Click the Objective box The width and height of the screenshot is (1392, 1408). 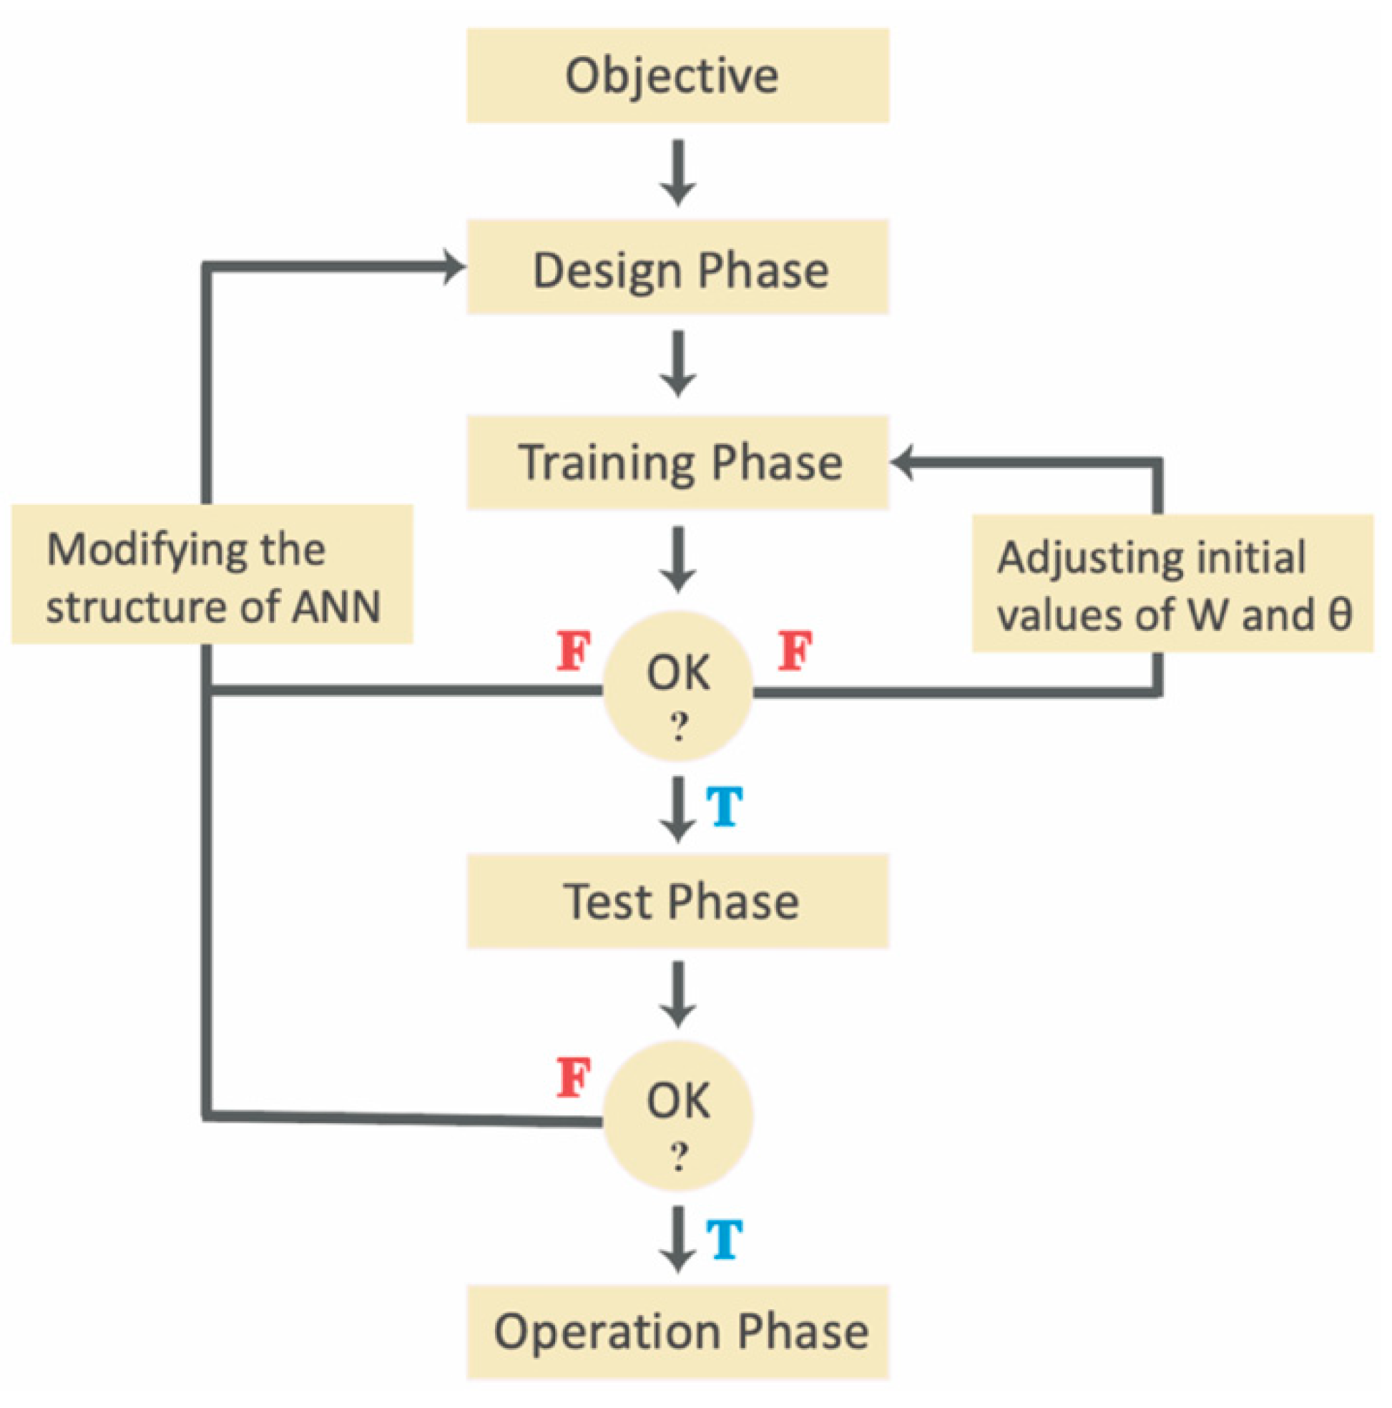[x=677, y=75]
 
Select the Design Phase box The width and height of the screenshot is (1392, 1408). [x=677, y=267]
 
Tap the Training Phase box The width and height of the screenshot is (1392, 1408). [x=677, y=462]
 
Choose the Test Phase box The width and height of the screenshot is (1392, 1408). [x=677, y=901]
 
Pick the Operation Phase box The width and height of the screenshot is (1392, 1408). [x=677, y=1332]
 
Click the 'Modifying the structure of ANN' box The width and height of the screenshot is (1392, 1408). [x=211, y=575]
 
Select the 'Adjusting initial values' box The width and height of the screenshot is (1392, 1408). [x=1172, y=583]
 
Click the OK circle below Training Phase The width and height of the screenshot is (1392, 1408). [x=678, y=687]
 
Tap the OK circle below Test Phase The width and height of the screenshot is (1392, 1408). [x=678, y=1115]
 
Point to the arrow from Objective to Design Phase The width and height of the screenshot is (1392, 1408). [x=678, y=172]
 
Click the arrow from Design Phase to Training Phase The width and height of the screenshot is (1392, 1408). [x=678, y=363]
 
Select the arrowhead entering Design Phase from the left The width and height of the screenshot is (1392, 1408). [x=454, y=267]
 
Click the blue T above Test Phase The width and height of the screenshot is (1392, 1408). [x=725, y=807]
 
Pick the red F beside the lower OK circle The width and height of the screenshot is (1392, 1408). [x=574, y=1078]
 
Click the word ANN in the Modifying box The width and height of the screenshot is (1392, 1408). [x=336, y=607]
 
